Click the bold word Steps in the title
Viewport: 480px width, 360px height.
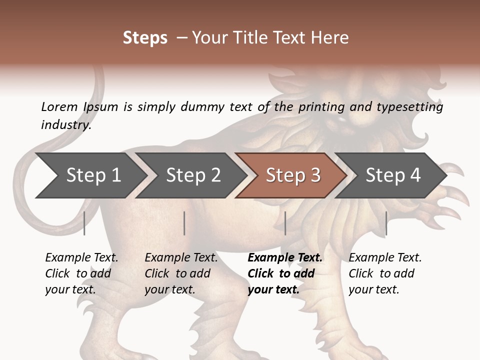pos(145,38)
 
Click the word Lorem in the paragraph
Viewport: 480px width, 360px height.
pos(59,106)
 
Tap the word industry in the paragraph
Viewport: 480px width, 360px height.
pos(66,125)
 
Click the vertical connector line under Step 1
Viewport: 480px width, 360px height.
pos(84,223)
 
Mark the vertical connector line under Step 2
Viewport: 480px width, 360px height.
pos(184,223)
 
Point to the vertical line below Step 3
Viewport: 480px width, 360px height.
pos(285,223)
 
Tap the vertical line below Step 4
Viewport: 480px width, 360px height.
pos(386,223)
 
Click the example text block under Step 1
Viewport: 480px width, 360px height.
pos(81,273)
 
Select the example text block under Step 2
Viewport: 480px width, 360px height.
pos(181,273)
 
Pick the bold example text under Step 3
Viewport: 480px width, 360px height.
pos(285,273)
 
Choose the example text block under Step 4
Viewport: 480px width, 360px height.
pos(385,273)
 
